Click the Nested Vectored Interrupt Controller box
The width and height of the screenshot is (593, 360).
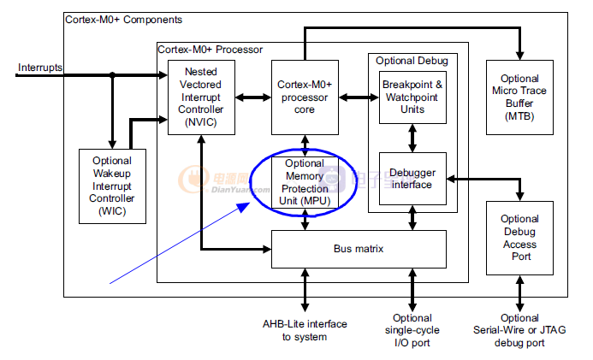pos(201,97)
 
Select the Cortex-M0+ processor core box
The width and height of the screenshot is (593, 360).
pos(305,97)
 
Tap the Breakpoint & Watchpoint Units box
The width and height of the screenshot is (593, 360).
pos(412,97)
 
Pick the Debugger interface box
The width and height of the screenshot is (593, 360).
pos(412,179)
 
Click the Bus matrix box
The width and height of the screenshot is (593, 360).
pos(359,249)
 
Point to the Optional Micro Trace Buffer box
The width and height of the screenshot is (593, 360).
pos(519,97)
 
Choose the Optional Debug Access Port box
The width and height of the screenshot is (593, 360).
pos(519,238)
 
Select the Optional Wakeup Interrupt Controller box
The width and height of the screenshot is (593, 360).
pos(111,185)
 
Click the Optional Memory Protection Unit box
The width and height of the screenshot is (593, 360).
pos(305,181)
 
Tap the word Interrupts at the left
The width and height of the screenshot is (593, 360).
pos(40,68)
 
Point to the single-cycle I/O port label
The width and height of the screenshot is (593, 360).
pos(412,330)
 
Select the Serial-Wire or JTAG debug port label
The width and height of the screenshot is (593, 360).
pos(519,330)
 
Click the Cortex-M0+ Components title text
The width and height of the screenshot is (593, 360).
pos(123,19)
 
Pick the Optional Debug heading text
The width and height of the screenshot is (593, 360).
pos(412,61)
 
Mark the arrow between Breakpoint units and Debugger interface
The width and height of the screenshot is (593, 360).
pos(412,138)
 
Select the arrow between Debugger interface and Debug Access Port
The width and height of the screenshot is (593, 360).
pos(466,179)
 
